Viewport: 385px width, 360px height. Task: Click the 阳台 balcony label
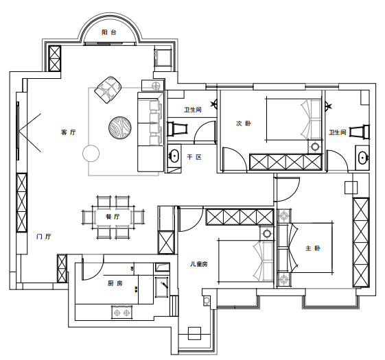coord(108,32)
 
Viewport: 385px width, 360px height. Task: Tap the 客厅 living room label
coord(68,132)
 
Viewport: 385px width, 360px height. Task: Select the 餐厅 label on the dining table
coord(113,217)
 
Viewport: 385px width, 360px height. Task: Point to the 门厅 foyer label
coord(44,237)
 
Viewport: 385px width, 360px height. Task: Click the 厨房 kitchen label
coord(115,283)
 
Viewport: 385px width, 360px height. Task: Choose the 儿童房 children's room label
coord(199,264)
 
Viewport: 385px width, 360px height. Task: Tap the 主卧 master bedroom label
coord(313,248)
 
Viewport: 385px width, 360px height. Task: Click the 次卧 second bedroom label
coord(244,123)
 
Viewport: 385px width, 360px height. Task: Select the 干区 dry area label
coord(194,157)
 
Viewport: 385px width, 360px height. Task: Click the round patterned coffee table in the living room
coord(120,128)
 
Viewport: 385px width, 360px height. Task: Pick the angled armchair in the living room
coord(108,90)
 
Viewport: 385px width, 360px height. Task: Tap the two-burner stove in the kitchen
coord(121,313)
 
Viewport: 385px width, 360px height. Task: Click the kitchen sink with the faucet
coord(161,287)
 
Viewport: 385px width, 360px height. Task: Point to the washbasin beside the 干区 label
coord(174,156)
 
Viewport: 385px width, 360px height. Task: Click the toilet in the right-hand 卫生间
coord(359,132)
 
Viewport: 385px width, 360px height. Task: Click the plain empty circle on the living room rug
coord(91,154)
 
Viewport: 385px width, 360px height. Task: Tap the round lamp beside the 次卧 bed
coord(315,147)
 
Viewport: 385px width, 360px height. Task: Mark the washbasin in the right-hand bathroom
coord(362,158)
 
